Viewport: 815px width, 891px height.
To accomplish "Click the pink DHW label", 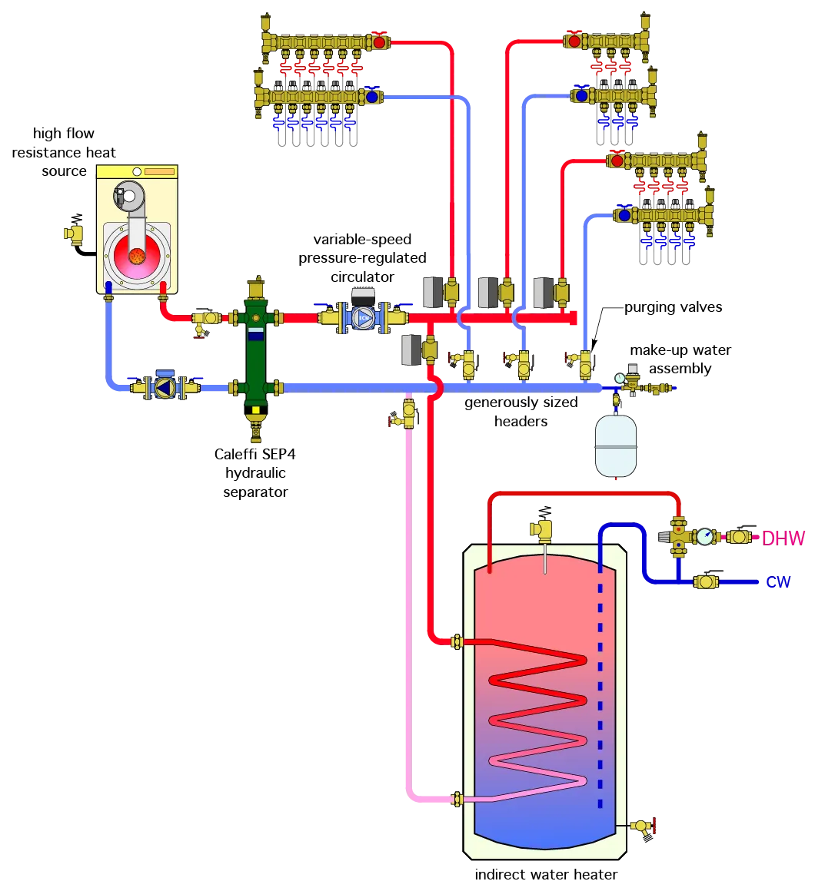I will [x=783, y=538].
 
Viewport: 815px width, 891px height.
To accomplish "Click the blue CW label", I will [x=779, y=582].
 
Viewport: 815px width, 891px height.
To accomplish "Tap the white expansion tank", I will [x=616, y=445].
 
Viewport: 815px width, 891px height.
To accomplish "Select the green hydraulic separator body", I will [x=254, y=353].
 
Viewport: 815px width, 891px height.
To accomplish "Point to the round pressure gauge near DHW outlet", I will [x=704, y=537].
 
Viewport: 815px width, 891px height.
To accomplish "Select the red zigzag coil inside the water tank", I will [x=538, y=714].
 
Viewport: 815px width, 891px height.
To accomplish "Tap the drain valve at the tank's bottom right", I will [x=640, y=826].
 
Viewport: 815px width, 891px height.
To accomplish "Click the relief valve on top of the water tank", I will [x=542, y=530].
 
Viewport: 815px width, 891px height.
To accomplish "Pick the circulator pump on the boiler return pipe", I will [x=163, y=387].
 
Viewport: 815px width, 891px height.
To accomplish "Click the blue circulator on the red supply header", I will [x=362, y=317].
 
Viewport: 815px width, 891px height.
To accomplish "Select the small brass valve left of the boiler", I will [x=74, y=234].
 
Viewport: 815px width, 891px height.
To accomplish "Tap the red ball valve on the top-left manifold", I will [x=379, y=41].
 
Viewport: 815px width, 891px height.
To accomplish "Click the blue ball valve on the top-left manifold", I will [x=372, y=97].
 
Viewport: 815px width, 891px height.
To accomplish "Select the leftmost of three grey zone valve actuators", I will [x=431, y=291].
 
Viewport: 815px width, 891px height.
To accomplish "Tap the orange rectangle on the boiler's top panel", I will [x=159, y=171].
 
